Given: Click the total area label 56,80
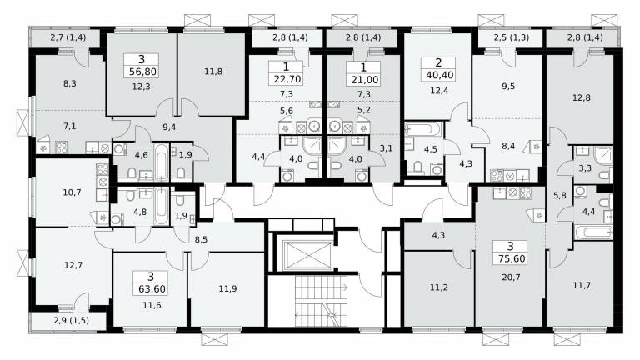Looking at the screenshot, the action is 142,72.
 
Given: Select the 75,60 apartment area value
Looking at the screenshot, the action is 512,259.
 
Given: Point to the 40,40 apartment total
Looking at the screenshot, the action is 439,75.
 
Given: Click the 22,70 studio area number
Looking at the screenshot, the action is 287,79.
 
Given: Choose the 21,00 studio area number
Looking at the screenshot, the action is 364,80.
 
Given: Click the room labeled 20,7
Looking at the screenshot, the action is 511,277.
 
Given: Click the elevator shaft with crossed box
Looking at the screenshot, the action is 307,256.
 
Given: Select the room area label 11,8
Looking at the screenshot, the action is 213,72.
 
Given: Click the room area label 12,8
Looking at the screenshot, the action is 581,98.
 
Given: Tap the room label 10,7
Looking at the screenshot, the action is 72,192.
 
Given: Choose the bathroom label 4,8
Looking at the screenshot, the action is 140,212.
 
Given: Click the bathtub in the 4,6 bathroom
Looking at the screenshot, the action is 162,162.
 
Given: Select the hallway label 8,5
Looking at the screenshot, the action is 201,240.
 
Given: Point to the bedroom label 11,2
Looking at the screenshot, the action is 439,287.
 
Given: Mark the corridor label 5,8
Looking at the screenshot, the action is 560,196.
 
